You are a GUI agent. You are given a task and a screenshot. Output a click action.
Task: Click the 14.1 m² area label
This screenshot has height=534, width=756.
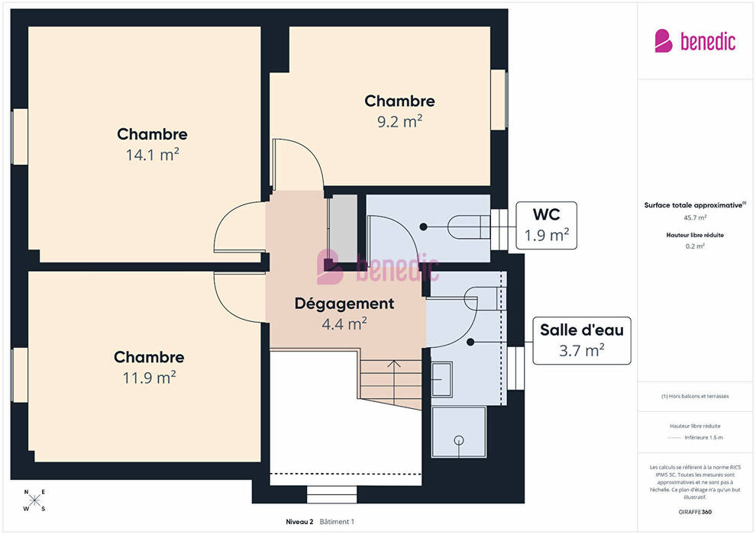pyautogui.click(x=153, y=155)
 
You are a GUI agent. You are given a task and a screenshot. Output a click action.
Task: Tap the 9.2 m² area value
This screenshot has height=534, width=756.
pyautogui.click(x=399, y=121)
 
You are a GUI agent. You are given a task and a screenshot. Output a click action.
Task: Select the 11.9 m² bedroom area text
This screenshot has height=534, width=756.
pyautogui.click(x=149, y=378)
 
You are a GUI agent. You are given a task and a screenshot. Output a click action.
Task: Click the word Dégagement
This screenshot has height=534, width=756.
pyautogui.click(x=344, y=304)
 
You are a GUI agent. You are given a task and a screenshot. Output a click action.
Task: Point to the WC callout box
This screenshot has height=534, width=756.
pyautogui.click(x=546, y=225)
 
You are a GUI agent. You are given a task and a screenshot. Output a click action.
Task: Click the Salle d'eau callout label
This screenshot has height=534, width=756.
pyautogui.click(x=582, y=340)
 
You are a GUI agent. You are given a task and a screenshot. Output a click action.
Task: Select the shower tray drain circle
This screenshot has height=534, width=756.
pyautogui.click(x=459, y=439)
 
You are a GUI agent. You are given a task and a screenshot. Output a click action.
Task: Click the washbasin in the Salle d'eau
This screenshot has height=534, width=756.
pyautogui.click(x=441, y=379)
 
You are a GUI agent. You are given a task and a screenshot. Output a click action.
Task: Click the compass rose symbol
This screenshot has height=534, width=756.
pyautogui.click(x=34, y=500)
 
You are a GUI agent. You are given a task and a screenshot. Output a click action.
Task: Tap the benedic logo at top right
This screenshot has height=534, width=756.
pyautogui.click(x=695, y=41)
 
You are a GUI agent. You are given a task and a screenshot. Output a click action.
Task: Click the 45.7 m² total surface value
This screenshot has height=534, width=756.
pyautogui.click(x=695, y=217)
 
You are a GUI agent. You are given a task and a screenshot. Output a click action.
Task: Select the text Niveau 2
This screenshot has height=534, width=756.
pyautogui.click(x=299, y=522)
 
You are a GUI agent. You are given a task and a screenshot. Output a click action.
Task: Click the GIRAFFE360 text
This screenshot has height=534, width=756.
pyautogui.click(x=695, y=512)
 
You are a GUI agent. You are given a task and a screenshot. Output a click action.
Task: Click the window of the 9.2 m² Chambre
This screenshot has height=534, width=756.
pyautogui.click(x=499, y=99)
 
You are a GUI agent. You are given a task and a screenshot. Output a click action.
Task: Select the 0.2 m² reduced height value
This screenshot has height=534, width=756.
pyautogui.click(x=695, y=246)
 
